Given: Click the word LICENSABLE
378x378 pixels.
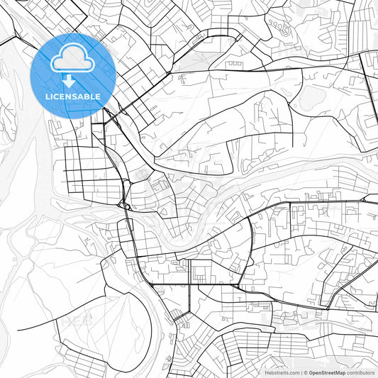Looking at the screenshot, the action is [x=72, y=96].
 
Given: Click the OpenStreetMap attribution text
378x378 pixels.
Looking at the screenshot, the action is [x=327, y=372].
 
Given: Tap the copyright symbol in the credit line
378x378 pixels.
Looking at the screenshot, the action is [x=305, y=372].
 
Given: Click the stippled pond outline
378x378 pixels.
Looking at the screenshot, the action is [x=310, y=98].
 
